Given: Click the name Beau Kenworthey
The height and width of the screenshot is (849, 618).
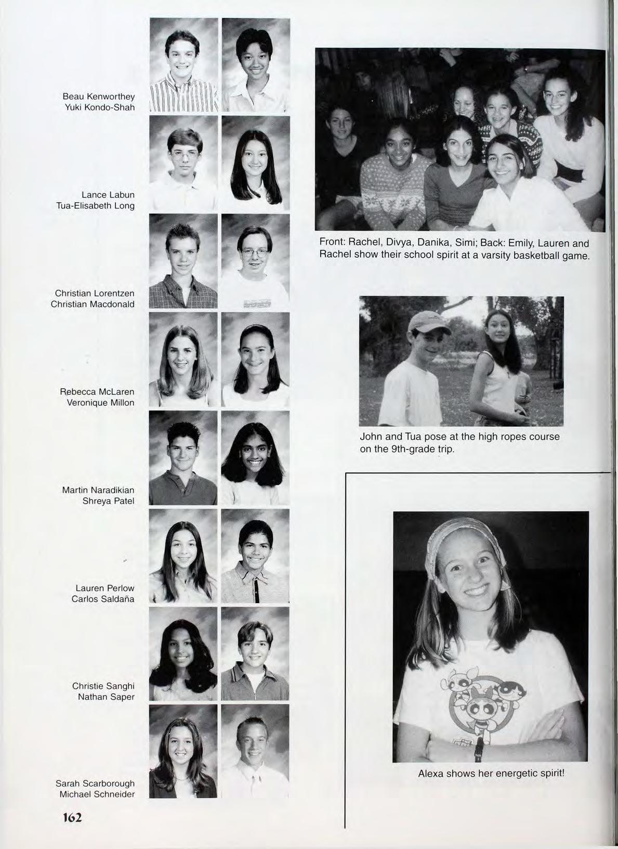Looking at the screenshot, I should pyautogui.click(x=98, y=97).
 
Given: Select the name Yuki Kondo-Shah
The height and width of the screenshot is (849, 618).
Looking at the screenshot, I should pyautogui.click(x=98, y=108).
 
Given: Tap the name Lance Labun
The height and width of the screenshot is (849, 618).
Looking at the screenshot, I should pyautogui.click(x=108, y=195).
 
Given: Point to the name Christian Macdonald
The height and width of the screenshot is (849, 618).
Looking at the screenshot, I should pyautogui.click(x=93, y=304).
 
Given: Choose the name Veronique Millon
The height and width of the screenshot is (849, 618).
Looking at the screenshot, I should pyautogui.click(x=101, y=403).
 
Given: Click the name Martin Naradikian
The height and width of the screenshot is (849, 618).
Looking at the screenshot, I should pyautogui.click(x=98, y=490).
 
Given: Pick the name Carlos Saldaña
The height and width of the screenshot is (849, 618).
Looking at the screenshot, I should pyautogui.click(x=103, y=599).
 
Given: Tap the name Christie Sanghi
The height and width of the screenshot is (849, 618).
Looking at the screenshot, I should pyautogui.click(x=103, y=686).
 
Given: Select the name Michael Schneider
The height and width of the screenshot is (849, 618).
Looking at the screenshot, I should pyautogui.click(x=97, y=794).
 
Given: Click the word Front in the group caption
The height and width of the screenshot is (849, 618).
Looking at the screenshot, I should pyautogui.click(x=331, y=243).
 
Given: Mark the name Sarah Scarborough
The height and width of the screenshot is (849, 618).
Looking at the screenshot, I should pyautogui.click(x=95, y=784).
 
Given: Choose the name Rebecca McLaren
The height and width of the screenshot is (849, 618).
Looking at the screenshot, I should pyautogui.click(x=97, y=392).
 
